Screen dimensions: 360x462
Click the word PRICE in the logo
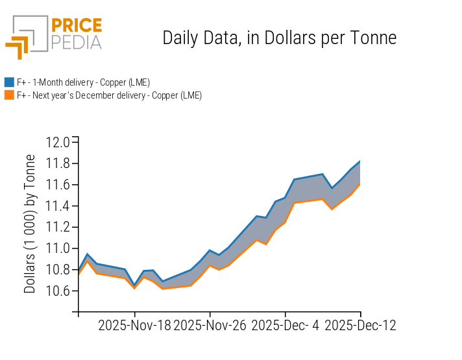click(x=76, y=27)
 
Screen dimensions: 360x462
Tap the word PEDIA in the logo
click(x=76, y=43)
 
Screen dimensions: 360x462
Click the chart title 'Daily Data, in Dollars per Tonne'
click(x=279, y=38)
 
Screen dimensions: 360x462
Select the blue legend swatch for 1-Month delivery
click(x=9, y=82)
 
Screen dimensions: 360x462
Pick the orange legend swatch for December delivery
click(x=9, y=95)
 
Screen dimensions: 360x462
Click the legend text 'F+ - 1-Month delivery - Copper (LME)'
click(x=83, y=82)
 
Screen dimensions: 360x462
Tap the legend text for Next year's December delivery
click(x=109, y=95)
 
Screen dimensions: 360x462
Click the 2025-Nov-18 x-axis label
click(x=134, y=325)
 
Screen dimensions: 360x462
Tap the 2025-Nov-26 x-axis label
click(x=210, y=325)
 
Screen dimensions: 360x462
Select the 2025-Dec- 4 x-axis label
click(x=285, y=325)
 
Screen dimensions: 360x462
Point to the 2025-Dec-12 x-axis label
click(x=360, y=325)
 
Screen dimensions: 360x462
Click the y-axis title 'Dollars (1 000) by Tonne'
click(x=30, y=224)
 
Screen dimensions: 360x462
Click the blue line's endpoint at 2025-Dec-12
click(x=360, y=161)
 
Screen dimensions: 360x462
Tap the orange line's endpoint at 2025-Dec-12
click(x=360, y=184)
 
